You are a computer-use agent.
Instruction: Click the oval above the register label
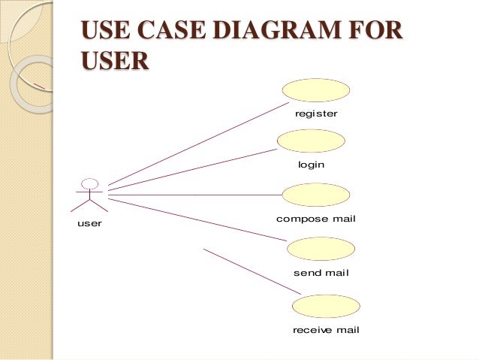click(316, 90)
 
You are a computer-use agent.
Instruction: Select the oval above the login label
click(311, 141)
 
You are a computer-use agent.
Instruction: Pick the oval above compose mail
click(316, 195)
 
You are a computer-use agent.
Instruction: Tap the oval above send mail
click(321, 249)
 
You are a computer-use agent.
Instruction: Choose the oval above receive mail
click(325, 306)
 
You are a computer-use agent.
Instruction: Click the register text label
click(316, 114)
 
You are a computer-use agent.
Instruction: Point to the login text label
click(311, 164)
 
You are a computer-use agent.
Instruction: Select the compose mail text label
click(315, 219)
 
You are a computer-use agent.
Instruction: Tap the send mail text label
click(321, 273)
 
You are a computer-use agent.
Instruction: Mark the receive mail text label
click(326, 330)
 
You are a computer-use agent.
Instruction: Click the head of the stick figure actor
click(90, 183)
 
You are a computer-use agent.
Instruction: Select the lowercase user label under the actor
click(89, 224)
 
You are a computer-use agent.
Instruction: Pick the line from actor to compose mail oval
click(195, 195)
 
